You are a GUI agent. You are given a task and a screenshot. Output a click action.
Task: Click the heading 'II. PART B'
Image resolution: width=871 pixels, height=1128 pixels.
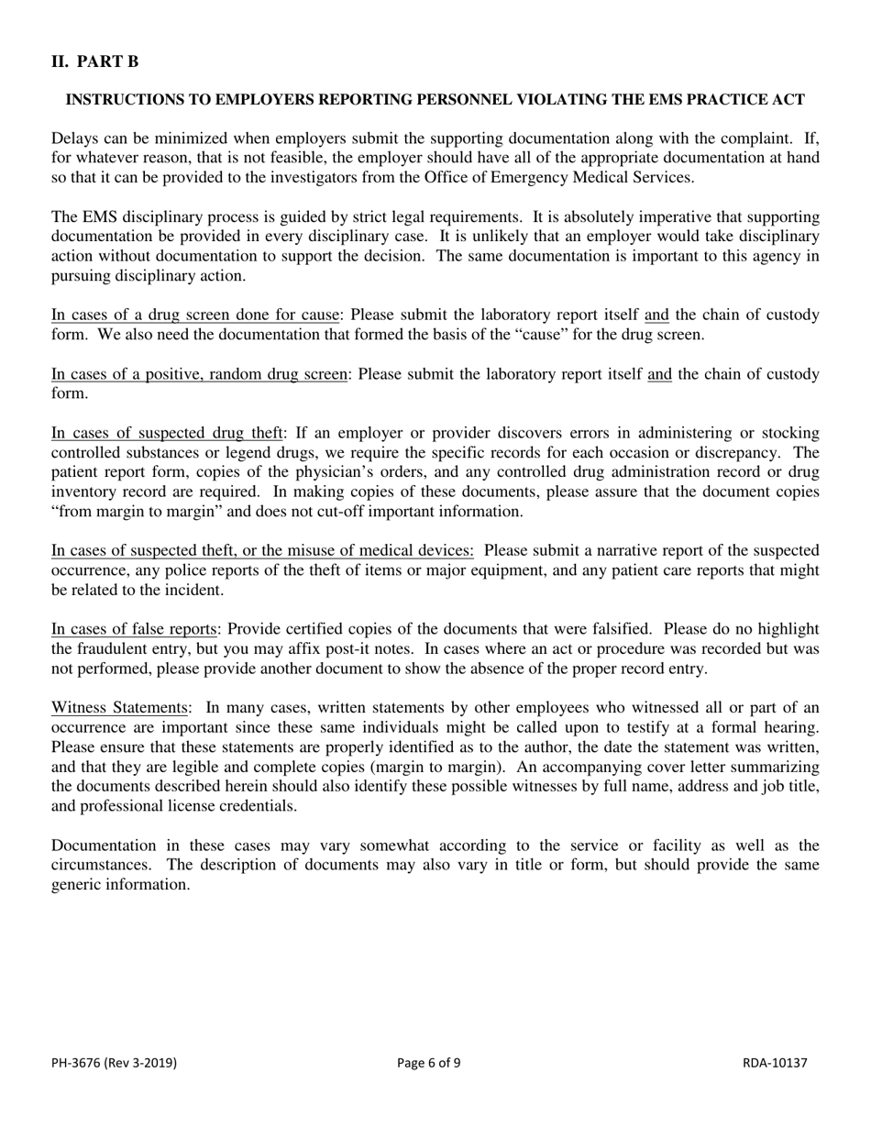[95, 61]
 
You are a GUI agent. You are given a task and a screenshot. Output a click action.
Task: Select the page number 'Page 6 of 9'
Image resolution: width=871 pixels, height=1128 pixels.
[429, 1063]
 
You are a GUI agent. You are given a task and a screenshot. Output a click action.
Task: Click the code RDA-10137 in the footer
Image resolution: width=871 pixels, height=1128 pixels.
[775, 1063]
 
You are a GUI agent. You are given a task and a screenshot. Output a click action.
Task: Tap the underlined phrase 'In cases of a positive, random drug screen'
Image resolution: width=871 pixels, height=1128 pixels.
[199, 374]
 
